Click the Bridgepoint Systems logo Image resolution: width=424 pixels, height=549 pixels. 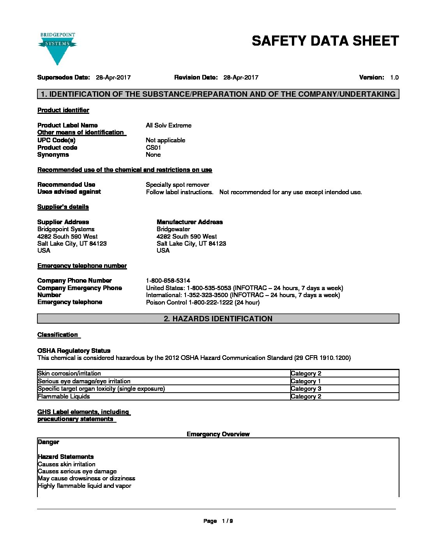click(57, 48)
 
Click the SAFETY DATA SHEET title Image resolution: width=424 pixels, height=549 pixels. click(325, 41)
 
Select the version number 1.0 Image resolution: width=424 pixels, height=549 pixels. click(394, 78)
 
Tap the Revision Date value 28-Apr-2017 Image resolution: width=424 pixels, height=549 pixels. click(240, 78)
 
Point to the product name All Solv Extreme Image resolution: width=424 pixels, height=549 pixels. click(168, 126)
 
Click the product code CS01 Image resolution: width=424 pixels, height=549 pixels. click(153, 148)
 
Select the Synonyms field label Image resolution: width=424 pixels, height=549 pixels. click(53, 155)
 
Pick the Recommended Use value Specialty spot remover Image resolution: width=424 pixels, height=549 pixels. click(177, 185)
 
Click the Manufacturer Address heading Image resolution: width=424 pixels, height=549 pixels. click(189, 222)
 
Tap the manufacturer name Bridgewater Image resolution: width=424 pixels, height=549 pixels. click(173, 229)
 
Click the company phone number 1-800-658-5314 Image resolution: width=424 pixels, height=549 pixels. click(168, 281)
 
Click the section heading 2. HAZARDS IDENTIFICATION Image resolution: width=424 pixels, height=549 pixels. click(218, 319)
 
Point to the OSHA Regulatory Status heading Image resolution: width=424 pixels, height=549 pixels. click(74, 351)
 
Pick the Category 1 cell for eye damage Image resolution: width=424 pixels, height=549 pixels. click(306, 381)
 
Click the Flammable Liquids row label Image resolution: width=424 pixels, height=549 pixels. click(64, 397)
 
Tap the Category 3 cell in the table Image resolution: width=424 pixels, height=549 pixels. click(306, 389)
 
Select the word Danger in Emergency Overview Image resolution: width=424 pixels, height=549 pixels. click(48, 442)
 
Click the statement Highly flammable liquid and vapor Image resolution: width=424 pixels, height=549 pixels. click(85, 486)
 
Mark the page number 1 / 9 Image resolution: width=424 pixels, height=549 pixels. click(227, 521)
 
